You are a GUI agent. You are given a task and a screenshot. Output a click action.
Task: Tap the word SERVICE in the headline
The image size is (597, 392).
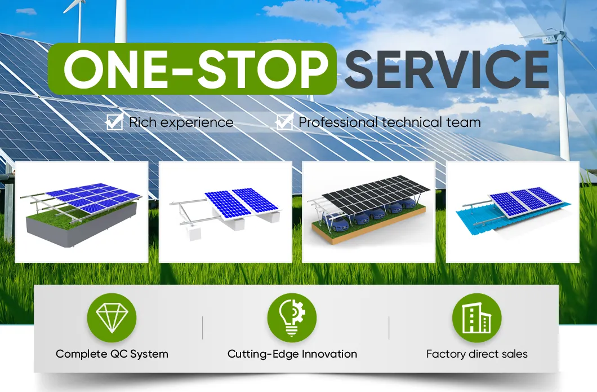[x=446, y=69]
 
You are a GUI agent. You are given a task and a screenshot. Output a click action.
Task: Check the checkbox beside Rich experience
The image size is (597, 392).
[x=115, y=122]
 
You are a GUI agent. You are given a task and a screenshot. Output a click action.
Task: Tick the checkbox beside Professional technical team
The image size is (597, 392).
[x=284, y=122]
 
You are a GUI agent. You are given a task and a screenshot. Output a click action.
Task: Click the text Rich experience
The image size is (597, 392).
[x=181, y=122]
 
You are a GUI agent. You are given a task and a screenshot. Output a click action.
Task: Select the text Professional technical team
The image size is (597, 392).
[x=389, y=122]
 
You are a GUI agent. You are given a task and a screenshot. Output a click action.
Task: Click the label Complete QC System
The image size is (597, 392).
[x=112, y=354]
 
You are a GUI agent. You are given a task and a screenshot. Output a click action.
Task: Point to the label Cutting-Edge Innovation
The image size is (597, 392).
[x=292, y=354]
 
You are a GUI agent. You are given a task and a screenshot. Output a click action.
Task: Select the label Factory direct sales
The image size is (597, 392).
[x=476, y=354]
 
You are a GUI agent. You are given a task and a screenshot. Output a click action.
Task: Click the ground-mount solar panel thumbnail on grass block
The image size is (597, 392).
[x=81, y=212]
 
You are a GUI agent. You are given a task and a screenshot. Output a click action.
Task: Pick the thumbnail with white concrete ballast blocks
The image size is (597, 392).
[x=225, y=212]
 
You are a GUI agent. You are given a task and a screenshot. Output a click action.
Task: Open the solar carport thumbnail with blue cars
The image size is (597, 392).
[x=369, y=212]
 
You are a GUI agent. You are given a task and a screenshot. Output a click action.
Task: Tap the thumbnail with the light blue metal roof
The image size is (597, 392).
[x=513, y=212]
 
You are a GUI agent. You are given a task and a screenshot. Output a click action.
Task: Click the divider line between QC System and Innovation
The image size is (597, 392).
[x=202, y=328]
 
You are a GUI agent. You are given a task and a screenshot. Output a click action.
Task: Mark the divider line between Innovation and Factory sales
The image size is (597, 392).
[x=389, y=328]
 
